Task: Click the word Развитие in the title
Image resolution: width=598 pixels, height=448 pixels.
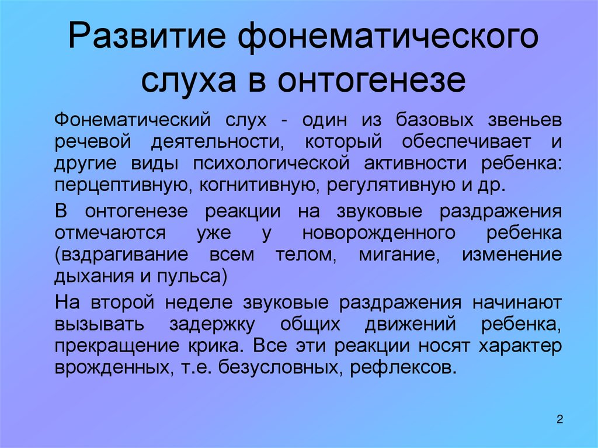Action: (x=148, y=37)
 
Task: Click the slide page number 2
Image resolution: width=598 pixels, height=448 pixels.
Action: (x=559, y=419)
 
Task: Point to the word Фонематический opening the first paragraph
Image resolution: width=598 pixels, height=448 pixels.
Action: (x=133, y=120)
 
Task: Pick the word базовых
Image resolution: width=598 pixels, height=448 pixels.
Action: (x=434, y=120)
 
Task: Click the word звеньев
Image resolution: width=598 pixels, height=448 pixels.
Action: (x=525, y=120)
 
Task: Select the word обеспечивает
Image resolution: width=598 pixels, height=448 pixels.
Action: (x=466, y=141)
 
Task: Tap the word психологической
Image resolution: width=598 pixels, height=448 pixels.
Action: (x=271, y=164)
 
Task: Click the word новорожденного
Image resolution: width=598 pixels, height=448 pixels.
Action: (x=379, y=234)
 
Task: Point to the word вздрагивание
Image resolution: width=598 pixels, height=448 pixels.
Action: (x=121, y=255)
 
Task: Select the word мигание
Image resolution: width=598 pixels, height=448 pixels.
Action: (x=399, y=255)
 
